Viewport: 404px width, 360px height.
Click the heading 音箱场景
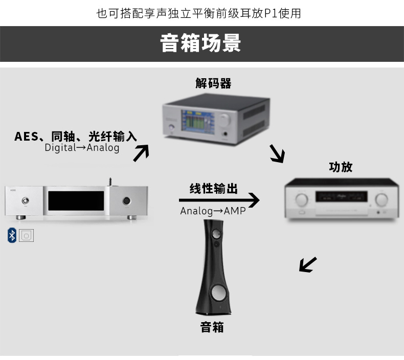tap(201, 43)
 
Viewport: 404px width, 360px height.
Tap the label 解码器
tap(213, 83)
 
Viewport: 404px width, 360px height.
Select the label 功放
tap(341, 167)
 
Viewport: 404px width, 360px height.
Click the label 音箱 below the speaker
tap(212, 327)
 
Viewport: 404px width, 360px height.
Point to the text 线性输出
tap(213, 188)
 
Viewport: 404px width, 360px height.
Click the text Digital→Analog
tap(82, 148)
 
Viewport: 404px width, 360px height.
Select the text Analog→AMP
tap(213, 211)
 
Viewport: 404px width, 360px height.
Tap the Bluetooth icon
tap(12, 235)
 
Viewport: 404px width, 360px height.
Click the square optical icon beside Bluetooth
tap(26, 235)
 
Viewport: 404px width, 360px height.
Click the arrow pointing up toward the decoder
tap(141, 153)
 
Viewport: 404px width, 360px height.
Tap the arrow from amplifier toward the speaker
tap(307, 264)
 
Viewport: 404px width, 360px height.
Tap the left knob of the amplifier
tap(302, 198)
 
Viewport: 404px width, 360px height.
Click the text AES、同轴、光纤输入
tap(75, 136)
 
